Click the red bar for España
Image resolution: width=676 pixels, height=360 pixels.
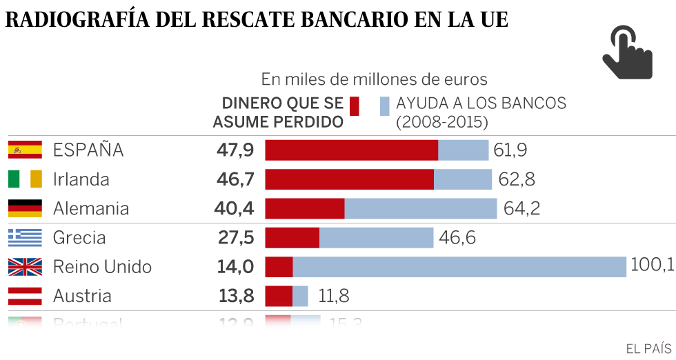pyautogui.click(x=352, y=150)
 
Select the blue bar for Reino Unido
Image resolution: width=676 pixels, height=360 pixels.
pyautogui.click(x=459, y=267)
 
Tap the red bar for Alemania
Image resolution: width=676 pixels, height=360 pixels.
pyautogui.click(x=305, y=208)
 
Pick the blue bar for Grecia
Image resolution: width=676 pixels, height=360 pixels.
pyautogui.click(x=376, y=238)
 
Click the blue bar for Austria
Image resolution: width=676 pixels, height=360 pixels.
pyautogui.click(x=301, y=297)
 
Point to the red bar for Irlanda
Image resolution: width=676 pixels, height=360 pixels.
pyautogui.click(x=350, y=179)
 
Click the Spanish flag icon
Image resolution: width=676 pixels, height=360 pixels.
pyautogui.click(x=25, y=150)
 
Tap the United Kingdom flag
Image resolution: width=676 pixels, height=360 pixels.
pyautogui.click(x=25, y=267)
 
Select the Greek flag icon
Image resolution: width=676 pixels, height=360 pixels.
pyautogui.click(x=25, y=238)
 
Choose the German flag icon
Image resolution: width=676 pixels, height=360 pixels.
pyautogui.click(x=25, y=208)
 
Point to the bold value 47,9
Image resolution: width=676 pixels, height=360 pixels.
pyautogui.click(x=234, y=150)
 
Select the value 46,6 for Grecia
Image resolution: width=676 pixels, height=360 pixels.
pyautogui.click(x=457, y=238)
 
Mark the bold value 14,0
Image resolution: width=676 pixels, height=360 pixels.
pyautogui.click(x=235, y=267)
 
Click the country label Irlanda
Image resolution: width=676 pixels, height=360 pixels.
pyautogui.click(x=81, y=179)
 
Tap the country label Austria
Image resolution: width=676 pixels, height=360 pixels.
pyautogui.click(x=82, y=297)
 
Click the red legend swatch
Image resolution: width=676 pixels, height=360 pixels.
pyautogui.click(x=355, y=106)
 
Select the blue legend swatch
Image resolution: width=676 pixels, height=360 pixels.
pyautogui.click(x=384, y=106)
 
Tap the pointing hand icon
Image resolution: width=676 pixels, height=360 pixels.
pyautogui.click(x=626, y=52)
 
